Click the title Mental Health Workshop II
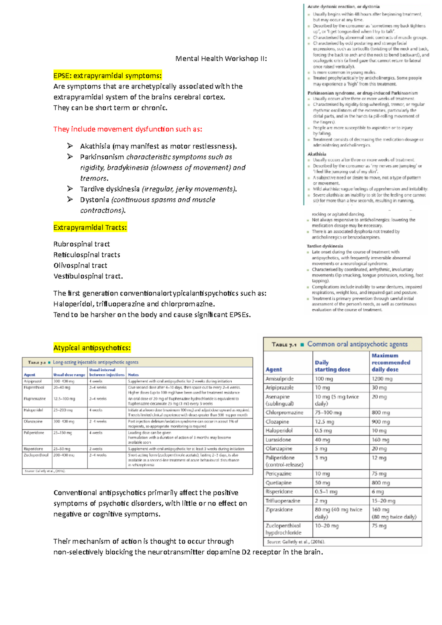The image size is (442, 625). pyautogui.click(x=221, y=59)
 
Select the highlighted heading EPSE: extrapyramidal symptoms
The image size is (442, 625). pyautogui.click(x=107, y=76)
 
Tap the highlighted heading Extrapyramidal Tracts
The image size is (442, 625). pyautogui.click(x=90, y=227)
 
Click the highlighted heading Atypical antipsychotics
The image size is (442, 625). pyautogui.click(x=92, y=348)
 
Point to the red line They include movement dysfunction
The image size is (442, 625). pyautogui.click(x=127, y=129)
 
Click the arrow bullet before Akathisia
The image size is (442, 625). pyautogui.click(x=70, y=146)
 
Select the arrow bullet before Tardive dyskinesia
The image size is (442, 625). pyautogui.click(x=70, y=189)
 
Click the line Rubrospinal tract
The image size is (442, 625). pyautogui.click(x=81, y=244)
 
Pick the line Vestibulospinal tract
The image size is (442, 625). pyautogui.click(x=88, y=276)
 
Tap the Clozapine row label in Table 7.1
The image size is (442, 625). pyautogui.click(x=277, y=422)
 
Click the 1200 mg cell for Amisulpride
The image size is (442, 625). pyautogui.click(x=382, y=379)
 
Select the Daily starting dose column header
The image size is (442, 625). pyautogui.click(x=332, y=366)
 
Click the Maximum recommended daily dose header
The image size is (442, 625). pyautogui.click(x=390, y=363)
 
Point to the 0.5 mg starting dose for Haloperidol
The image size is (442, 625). pyautogui.click(x=323, y=431)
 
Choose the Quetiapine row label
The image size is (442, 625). pyautogui.click(x=278, y=483)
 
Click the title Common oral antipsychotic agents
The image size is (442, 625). pyautogui.click(x=357, y=344)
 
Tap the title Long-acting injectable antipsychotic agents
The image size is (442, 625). pyautogui.click(x=95, y=362)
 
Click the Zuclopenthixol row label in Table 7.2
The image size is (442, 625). pyautogui.click(x=36, y=455)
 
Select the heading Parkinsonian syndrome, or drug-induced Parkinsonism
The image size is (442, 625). pyautogui.click(x=362, y=93)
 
